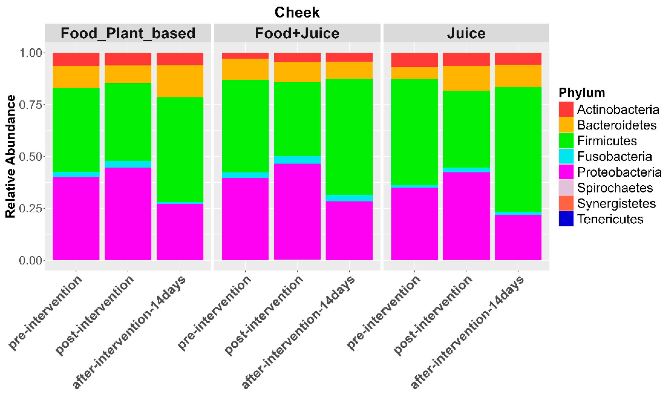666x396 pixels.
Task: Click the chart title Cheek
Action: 297,13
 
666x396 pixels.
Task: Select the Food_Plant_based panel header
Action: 128,33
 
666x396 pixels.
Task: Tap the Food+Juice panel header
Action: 297,33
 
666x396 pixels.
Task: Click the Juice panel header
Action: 466,33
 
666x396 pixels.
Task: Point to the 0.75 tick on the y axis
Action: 31,105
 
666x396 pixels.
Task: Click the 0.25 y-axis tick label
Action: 31,208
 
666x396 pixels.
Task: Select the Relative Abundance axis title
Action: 11,156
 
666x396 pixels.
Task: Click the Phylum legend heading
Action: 582,93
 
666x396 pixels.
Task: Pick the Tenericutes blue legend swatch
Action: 566,219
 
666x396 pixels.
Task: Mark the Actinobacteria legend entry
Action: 618,109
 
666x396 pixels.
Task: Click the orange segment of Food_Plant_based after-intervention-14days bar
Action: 180,81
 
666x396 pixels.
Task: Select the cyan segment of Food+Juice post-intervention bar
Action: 297,160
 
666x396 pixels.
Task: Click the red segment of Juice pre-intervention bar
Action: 414,60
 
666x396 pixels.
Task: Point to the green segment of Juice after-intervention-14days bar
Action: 518,149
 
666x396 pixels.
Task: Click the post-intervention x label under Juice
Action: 433,315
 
